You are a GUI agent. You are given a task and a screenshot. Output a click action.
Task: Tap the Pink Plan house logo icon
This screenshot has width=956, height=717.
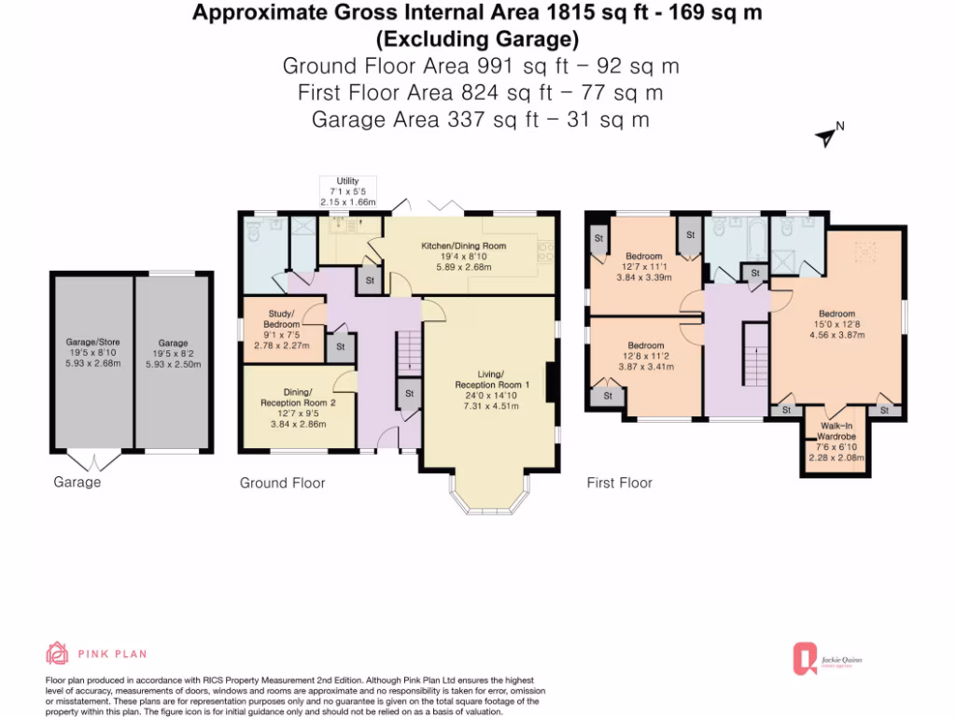point(57,653)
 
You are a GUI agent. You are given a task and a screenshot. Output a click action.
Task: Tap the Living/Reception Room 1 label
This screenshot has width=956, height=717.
point(492,386)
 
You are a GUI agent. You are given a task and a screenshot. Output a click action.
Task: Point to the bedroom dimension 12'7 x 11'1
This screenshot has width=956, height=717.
point(644,266)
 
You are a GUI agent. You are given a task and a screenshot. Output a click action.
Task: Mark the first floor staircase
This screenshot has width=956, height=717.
point(754,355)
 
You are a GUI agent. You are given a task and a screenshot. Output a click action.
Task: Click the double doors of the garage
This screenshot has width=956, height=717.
point(94,461)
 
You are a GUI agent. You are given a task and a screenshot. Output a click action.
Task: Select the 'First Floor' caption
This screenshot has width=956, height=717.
point(619,483)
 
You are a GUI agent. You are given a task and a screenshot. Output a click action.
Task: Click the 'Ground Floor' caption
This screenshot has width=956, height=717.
point(282,483)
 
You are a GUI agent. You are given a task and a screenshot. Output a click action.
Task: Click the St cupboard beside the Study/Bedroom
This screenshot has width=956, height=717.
point(340,346)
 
